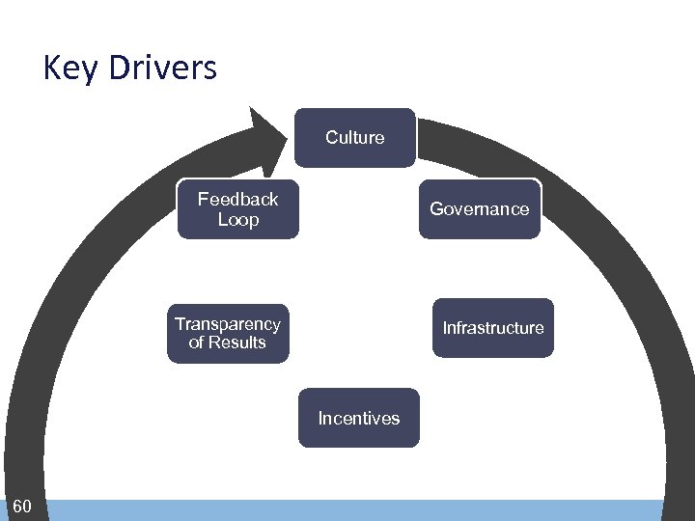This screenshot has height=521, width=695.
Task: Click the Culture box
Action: (354, 138)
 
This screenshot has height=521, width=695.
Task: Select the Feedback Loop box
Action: (237, 208)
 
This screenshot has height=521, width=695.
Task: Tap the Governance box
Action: (479, 208)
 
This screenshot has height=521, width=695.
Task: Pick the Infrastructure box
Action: (492, 328)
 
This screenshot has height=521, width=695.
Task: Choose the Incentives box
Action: (358, 418)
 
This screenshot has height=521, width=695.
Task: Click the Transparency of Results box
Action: (227, 333)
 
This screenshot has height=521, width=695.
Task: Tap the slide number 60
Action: (22, 507)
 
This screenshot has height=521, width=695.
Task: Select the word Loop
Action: (238, 220)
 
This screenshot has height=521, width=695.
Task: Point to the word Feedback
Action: (237, 199)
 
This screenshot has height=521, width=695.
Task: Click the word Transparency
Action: (227, 324)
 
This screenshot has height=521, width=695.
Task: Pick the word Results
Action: (236, 343)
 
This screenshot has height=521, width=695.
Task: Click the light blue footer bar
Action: (357, 510)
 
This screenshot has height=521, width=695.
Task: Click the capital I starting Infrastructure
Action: (445, 328)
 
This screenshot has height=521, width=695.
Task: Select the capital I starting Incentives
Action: (320, 419)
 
